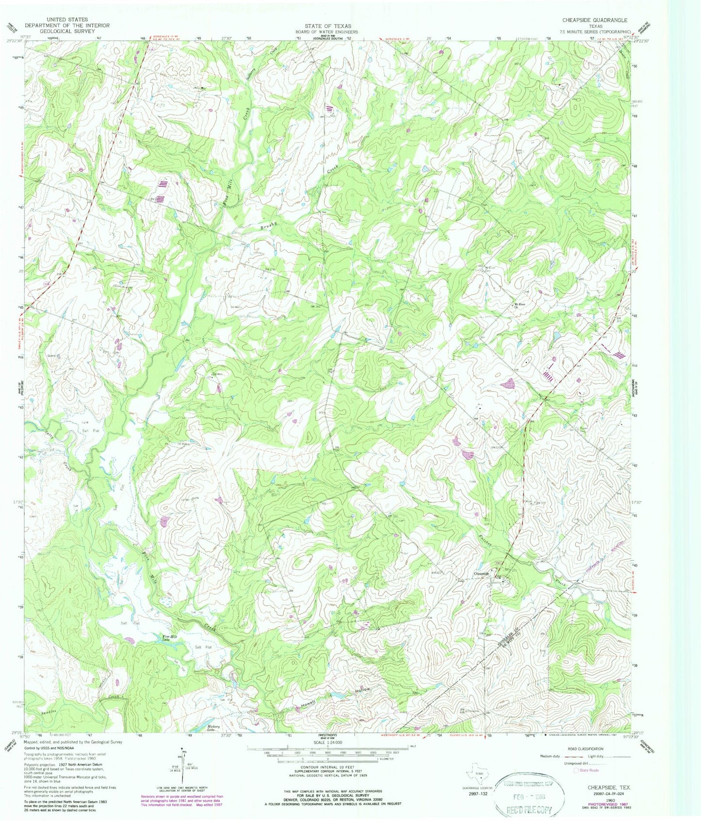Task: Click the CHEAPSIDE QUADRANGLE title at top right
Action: (x=594, y=20)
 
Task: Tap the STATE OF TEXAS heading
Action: (x=332, y=26)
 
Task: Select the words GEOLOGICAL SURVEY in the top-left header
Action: (x=67, y=31)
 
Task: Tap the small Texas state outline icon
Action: (x=474, y=775)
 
